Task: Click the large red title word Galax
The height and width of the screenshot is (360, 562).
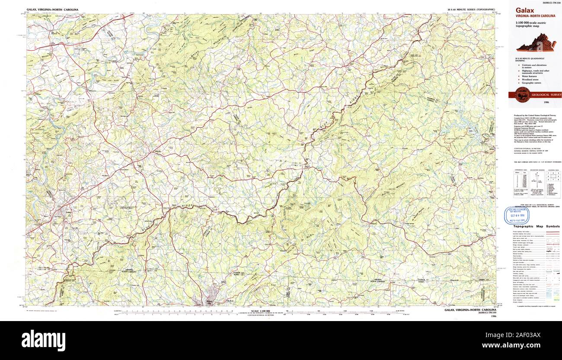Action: point(524,10)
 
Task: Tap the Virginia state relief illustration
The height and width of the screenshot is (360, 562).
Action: point(536,43)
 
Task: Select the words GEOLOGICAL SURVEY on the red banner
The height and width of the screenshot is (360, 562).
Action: point(546,95)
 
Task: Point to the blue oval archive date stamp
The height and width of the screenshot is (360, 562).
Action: point(517,215)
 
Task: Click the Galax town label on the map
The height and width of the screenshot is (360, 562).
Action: point(68,212)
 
